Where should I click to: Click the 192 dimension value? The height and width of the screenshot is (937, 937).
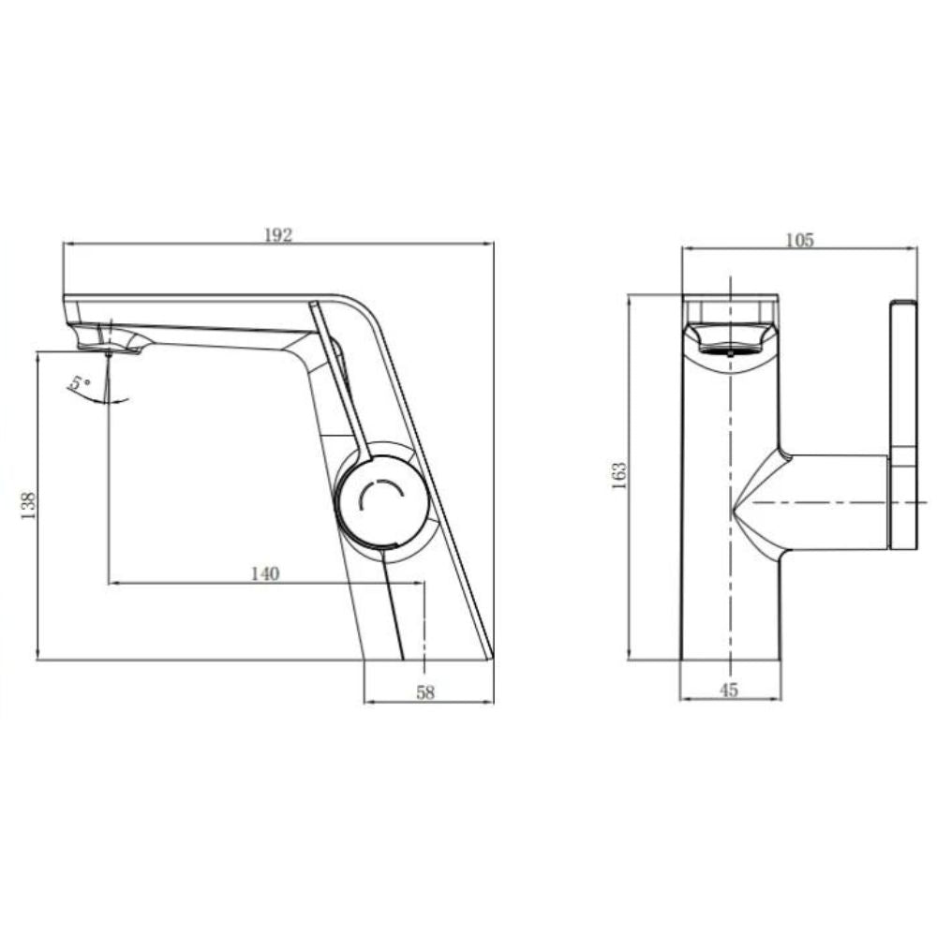coord(277,235)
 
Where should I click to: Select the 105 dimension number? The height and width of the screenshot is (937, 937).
coord(799,240)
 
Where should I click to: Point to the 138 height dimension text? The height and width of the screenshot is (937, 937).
coord(28,506)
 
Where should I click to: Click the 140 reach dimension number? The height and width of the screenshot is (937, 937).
coord(265,574)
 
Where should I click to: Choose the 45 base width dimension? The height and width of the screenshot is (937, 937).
coord(730,691)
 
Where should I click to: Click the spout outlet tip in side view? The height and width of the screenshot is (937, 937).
coord(109,349)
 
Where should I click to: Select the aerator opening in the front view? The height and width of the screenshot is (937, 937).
coord(730,350)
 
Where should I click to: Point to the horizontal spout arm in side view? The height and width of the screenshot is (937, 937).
coord(197,319)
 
